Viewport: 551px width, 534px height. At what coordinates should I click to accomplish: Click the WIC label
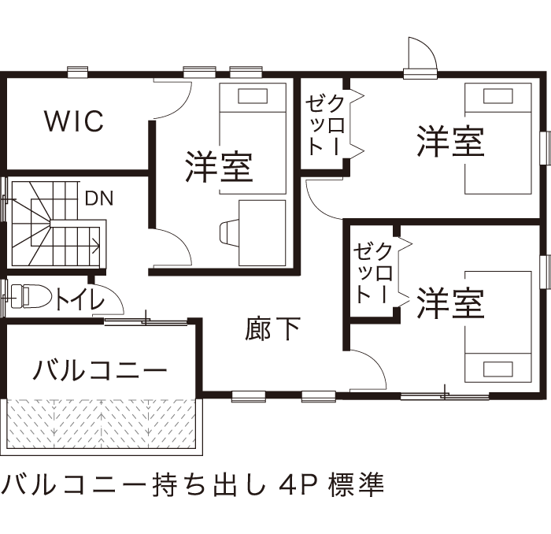[74, 121]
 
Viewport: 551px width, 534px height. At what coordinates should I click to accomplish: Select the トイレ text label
[80, 300]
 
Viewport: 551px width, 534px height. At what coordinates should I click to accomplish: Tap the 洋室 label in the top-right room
[449, 143]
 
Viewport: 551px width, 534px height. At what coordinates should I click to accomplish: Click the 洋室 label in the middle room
[219, 165]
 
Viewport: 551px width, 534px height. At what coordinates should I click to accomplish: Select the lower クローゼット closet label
[373, 273]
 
